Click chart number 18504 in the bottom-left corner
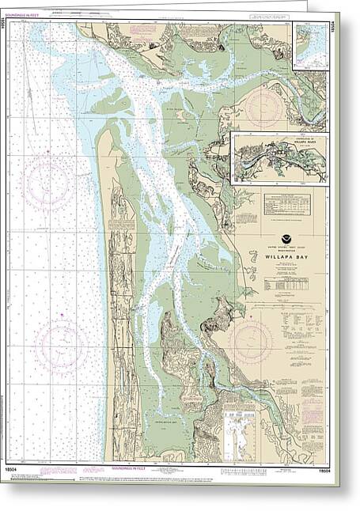pos(20,471)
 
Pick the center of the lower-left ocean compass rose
pos(61,347)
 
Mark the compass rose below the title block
pos(252,340)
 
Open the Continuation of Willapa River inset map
pos(279,158)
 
